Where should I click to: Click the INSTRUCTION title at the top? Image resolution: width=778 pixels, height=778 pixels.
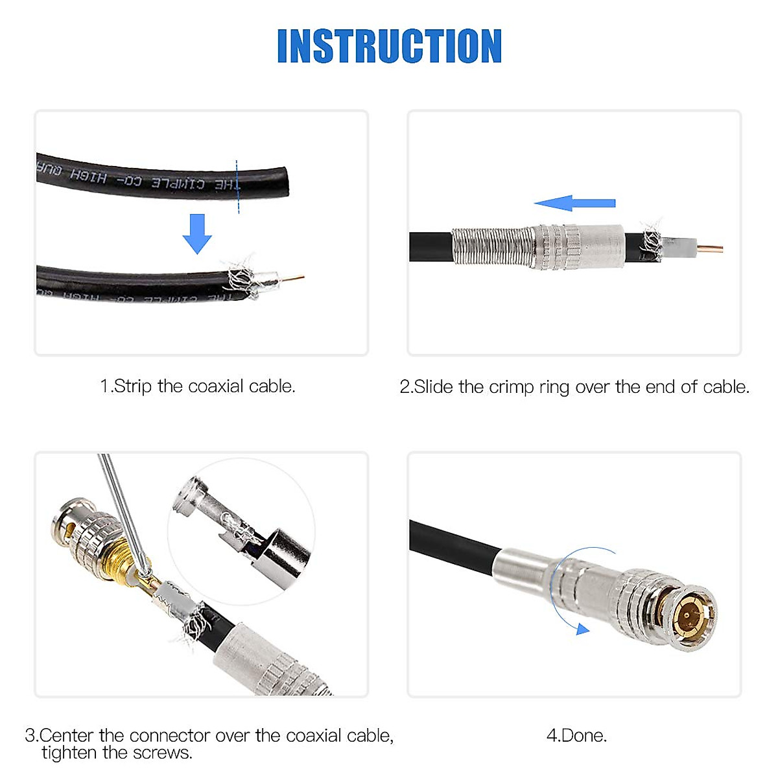tap(389, 46)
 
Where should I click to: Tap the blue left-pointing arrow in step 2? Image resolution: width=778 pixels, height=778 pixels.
tap(574, 203)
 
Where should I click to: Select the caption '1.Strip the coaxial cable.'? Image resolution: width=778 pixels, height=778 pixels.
tap(198, 386)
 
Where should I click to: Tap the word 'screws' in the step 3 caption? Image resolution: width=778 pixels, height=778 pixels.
tap(161, 753)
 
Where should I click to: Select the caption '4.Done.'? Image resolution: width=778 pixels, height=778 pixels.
tap(576, 735)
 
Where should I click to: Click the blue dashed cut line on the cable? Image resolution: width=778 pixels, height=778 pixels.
tap(237, 187)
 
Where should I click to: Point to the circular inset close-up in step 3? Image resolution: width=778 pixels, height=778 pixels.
tap(241, 532)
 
